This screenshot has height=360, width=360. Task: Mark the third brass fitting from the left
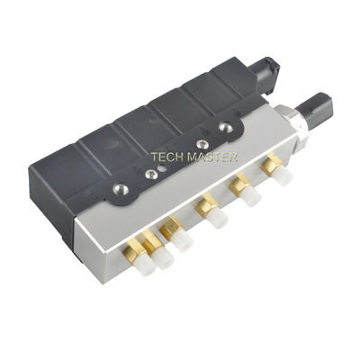pyautogui.click(x=170, y=230)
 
